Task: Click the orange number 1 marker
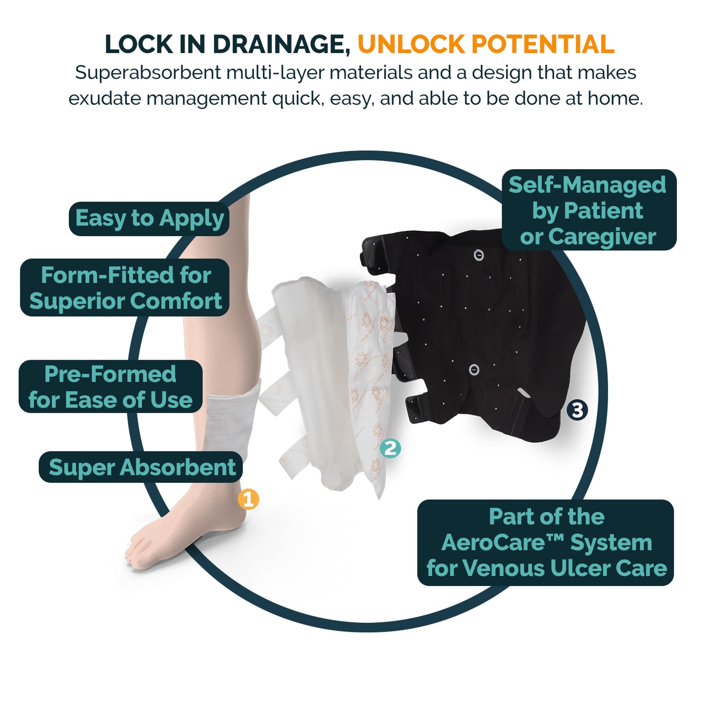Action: click(248, 499)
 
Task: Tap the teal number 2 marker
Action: click(390, 448)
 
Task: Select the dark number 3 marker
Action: click(577, 410)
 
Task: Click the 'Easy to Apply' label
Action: click(149, 219)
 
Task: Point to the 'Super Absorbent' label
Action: click(140, 467)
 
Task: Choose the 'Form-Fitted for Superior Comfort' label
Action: click(124, 288)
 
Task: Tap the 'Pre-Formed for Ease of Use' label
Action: click(111, 386)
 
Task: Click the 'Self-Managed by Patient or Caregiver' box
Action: click(589, 210)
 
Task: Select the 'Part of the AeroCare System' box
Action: click(545, 542)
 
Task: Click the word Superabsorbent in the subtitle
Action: click(148, 73)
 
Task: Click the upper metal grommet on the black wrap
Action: click(478, 255)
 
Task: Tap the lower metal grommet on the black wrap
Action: click(474, 370)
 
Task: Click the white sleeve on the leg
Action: click(231, 419)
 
